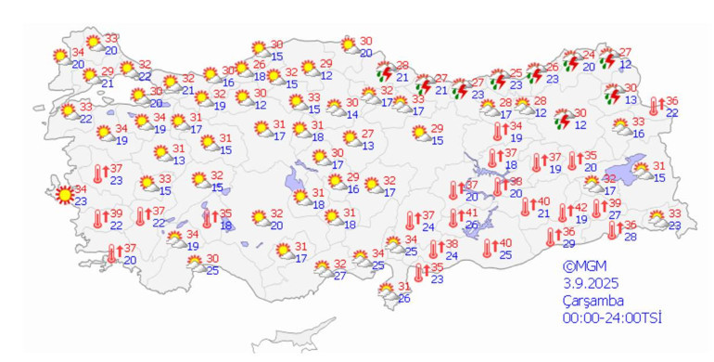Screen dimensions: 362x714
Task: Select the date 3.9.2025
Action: coord(591,282)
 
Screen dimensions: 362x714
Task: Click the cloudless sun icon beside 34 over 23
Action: coord(63,195)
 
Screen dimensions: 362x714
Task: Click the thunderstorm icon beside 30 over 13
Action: coord(612,94)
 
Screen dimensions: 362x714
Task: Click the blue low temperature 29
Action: coord(568,243)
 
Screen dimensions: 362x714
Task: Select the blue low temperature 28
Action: coord(630,237)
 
